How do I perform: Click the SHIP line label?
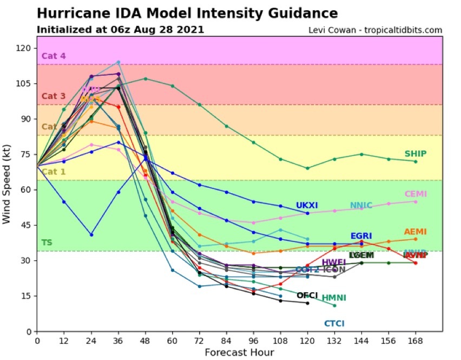tap(415, 154)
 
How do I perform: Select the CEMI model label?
tap(415, 194)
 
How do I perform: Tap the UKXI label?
tap(307, 206)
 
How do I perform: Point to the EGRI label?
tap(361, 236)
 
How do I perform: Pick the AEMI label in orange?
tap(415, 232)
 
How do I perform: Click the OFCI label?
tap(307, 295)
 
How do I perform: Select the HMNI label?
tap(334, 298)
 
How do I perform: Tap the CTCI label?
tap(334, 324)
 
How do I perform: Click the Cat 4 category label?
tap(53, 55)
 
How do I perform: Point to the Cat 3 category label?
tap(53, 96)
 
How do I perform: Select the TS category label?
tap(47, 243)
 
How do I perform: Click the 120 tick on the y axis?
tap(24, 48)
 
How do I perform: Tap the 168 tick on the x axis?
tap(416, 341)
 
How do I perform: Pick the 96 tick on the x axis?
tap(253, 341)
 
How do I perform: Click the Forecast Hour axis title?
tap(239, 352)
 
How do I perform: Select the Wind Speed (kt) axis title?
tap(7, 185)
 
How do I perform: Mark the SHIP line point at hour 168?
tap(416, 161)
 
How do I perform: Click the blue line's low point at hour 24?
tap(91, 234)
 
